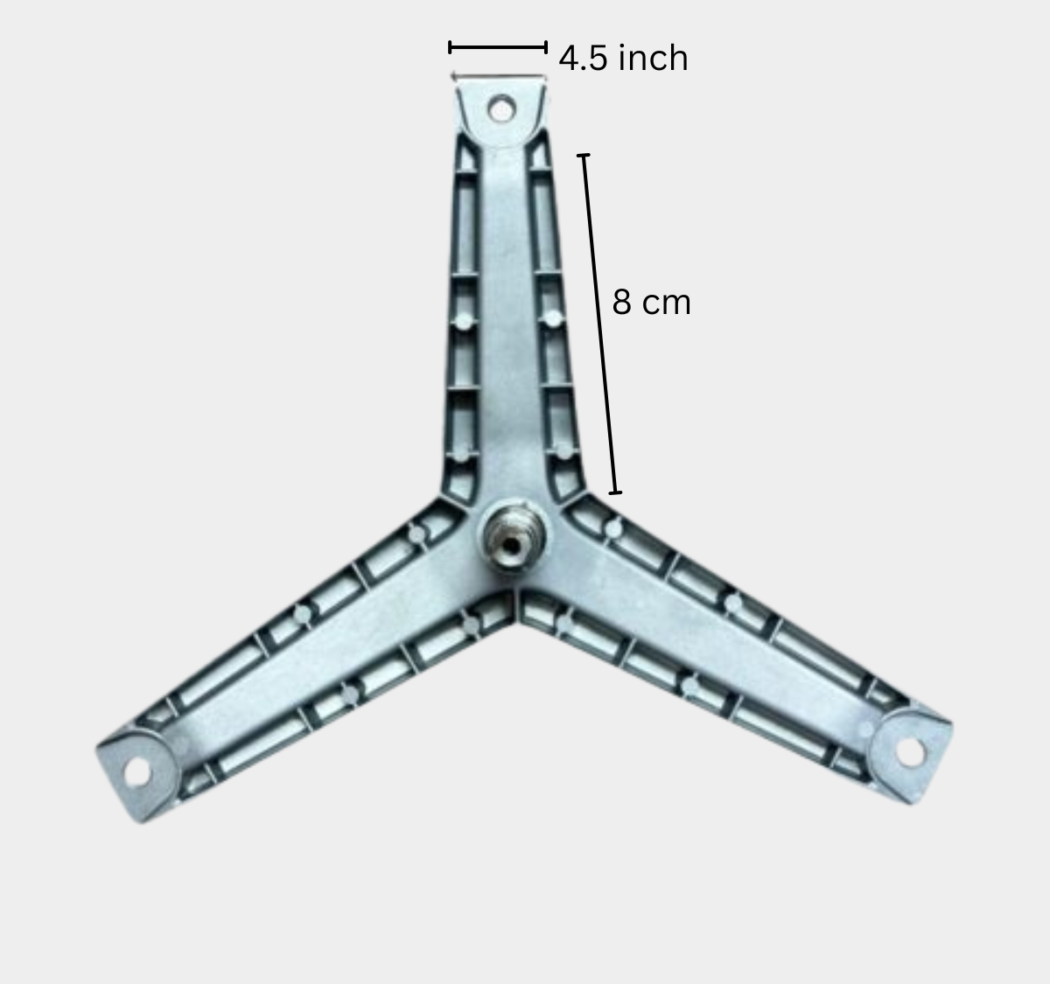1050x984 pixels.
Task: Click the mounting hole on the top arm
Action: tap(501, 109)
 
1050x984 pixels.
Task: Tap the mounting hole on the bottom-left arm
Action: tap(136, 773)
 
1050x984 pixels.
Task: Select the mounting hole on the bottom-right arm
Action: tap(910, 752)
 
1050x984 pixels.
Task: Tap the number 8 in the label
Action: tap(622, 303)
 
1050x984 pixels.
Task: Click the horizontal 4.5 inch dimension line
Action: tap(498, 47)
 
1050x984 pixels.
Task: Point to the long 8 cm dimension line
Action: tap(599, 324)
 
